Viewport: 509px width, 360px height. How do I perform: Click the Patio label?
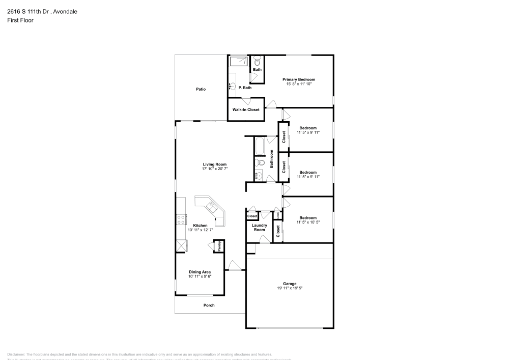point(201,89)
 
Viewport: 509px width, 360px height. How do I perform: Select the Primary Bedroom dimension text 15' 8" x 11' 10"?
point(299,84)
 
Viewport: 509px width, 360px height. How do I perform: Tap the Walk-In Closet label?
point(246,109)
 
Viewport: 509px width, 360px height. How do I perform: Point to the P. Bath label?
point(245,88)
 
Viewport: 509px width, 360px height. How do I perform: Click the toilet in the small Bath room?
point(257,60)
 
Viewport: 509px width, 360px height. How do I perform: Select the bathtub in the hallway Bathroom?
point(259,146)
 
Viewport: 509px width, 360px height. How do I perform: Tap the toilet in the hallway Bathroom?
point(260,163)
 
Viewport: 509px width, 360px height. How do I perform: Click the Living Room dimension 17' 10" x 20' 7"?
point(214,169)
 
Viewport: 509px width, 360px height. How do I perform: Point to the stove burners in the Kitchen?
point(180,219)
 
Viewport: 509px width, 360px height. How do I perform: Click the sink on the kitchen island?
point(211,206)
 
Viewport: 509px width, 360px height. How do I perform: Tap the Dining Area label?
point(199,272)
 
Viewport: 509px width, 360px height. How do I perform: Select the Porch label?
point(209,306)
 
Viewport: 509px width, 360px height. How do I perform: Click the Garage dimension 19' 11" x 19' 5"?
point(289,288)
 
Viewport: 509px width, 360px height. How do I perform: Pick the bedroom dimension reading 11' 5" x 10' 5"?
point(308,222)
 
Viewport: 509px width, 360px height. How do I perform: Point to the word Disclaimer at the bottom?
point(16,354)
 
